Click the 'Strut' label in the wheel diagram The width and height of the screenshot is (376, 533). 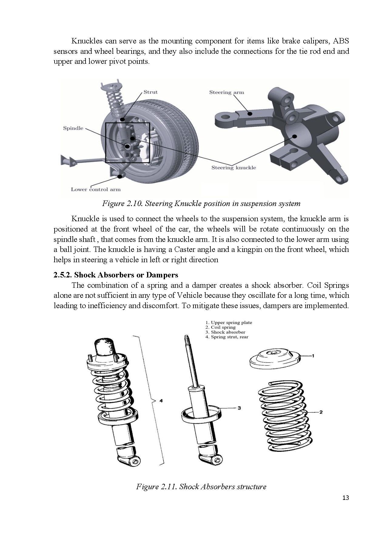[150, 92]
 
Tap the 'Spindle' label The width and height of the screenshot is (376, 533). [73, 128]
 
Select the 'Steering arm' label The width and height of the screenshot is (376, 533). [227, 92]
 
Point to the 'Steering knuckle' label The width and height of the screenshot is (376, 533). [233, 167]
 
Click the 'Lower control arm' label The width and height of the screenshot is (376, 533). [96, 189]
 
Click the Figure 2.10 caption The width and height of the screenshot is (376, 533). [201, 204]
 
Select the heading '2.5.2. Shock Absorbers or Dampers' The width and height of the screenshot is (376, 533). [116, 275]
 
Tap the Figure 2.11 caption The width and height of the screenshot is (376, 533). [201, 487]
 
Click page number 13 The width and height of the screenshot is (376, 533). [345, 498]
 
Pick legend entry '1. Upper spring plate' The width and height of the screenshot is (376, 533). [229, 322]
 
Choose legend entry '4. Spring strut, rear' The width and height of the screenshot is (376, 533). [227, 337]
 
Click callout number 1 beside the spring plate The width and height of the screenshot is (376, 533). [313, 356]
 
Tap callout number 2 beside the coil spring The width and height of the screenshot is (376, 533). [321, 412]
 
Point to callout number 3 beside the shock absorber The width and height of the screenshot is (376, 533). [239, 408]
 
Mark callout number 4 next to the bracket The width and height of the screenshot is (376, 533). [161, 401]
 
